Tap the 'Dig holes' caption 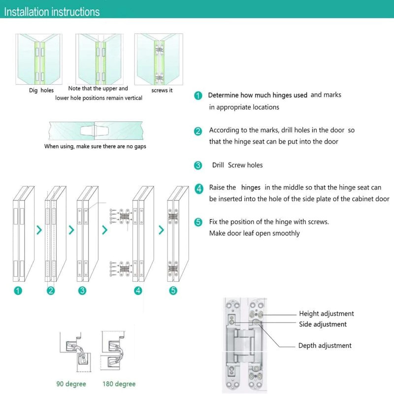tap(41, 90)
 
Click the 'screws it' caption tap(162, 90)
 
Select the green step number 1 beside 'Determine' tap(198, 96)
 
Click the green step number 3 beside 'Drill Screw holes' tap(198, 165)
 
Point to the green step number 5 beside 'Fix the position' tap(198, 222)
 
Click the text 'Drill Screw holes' tap(237, 165)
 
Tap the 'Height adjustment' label tap(326, 314)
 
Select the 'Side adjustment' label tap(323, 324)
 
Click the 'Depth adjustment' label tap(325, 346)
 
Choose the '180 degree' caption tap(119, 384)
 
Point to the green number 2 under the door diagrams tap(50, 291)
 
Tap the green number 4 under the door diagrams tap(138, 291)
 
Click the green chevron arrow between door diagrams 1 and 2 tap(39, 230)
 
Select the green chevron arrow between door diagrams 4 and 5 tap(161, 230)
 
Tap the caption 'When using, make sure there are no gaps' tap(95, 146)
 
